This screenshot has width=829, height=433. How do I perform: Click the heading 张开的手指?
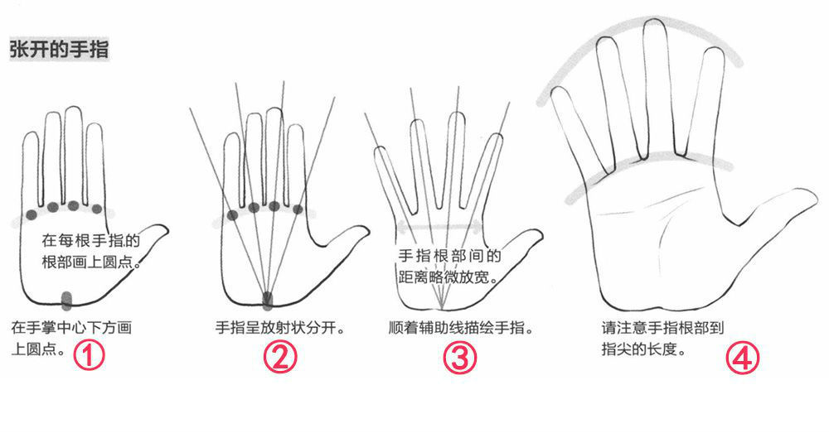[59, 49]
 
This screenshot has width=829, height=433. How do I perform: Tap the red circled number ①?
[89, 355]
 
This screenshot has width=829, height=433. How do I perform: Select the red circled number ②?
[280, 357]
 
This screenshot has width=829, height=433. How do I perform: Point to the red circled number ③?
[459, 358]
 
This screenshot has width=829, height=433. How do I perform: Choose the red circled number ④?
[743, 358]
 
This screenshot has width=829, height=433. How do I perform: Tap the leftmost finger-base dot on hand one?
[32, 214]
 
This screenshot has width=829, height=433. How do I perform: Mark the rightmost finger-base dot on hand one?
[97, 209]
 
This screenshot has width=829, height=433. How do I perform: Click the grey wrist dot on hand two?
[268, 300]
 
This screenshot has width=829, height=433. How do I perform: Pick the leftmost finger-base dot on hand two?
[232, 215]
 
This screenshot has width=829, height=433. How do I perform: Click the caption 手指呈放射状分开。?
[281, 327]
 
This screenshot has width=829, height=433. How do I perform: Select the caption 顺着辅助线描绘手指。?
[461, 327]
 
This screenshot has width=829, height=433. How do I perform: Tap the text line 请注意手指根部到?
[662, 328]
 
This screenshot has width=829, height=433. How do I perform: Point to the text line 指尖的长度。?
[643, 349]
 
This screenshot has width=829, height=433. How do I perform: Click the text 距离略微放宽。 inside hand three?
[448, 277]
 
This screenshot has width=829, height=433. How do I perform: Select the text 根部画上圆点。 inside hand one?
[91, 262]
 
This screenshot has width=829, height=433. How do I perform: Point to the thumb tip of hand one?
[166, 229]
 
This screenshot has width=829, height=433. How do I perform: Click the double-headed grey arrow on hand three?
[440, 227]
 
